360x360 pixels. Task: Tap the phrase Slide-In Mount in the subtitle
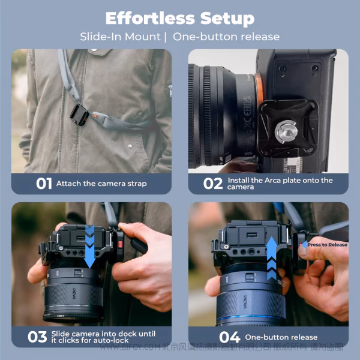[120, 37]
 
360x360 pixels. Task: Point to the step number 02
[212, 184]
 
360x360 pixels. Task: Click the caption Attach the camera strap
[101, 184]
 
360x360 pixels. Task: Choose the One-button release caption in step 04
[281, 337]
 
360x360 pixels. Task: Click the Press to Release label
[326, 245]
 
